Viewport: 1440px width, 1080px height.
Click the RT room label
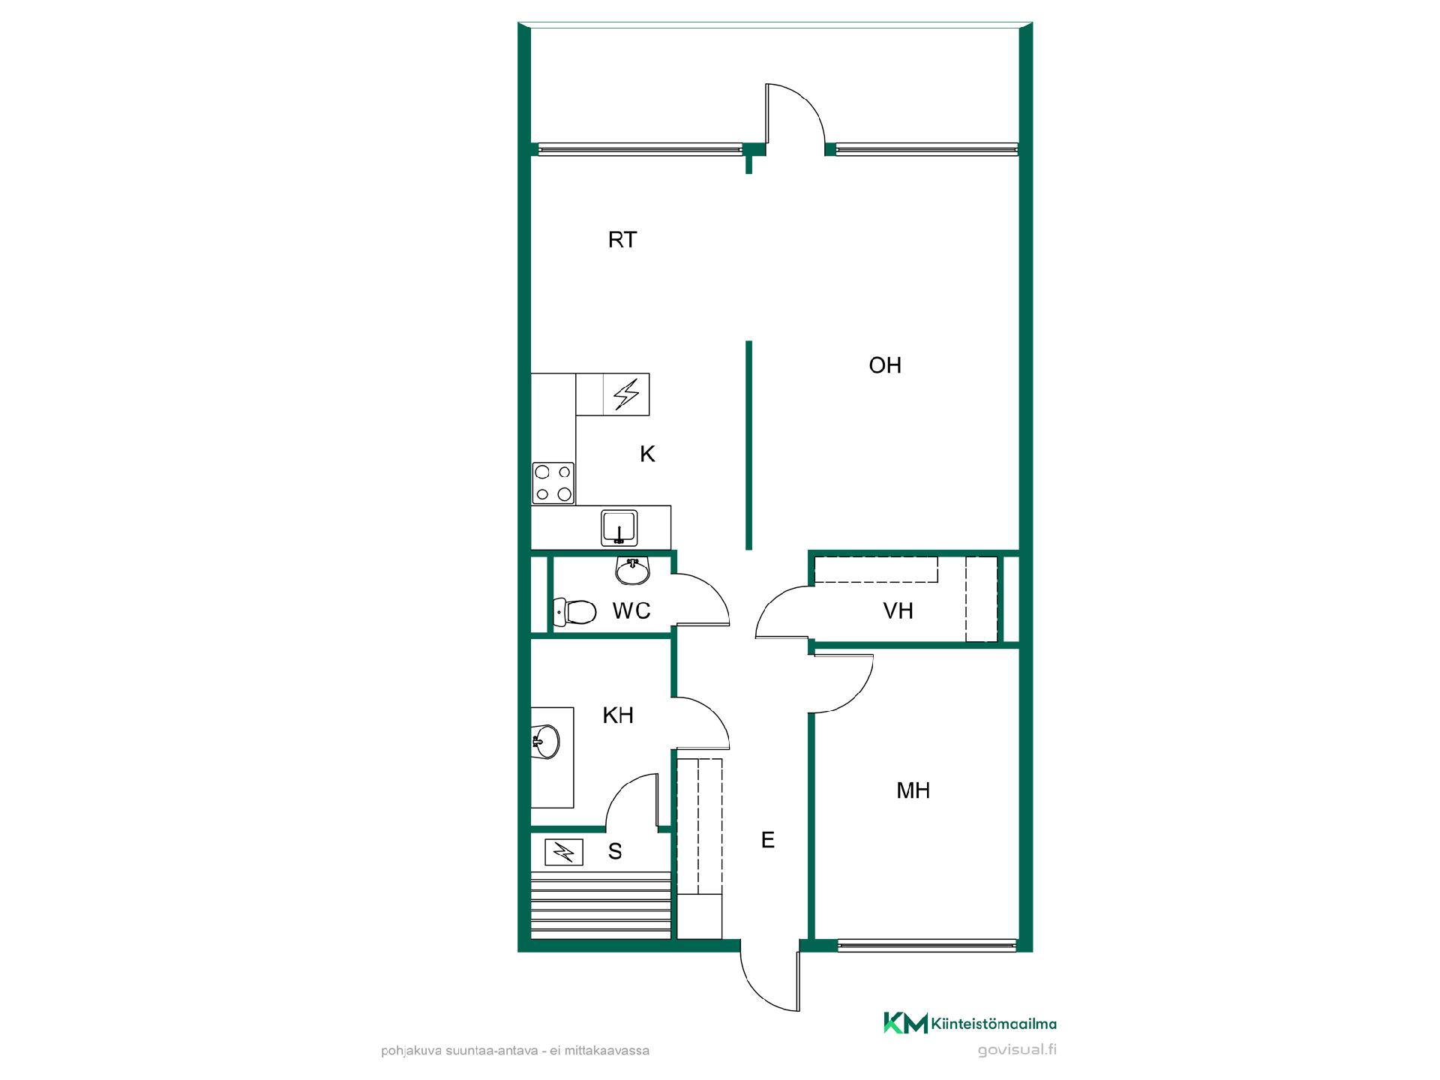click(622, 240)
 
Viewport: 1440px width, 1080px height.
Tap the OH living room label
click(885, 365)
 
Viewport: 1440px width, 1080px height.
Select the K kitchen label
click(647, 454)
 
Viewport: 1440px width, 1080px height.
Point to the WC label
click(631, 611)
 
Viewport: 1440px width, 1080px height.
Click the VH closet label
click(898, 611)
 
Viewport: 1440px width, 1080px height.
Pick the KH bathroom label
click(618, 715)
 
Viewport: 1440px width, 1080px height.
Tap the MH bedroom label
click(913, 790)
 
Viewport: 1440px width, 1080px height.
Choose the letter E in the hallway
click(767, 840)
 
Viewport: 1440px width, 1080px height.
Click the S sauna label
click(615, 851)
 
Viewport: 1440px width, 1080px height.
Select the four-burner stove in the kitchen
click(553, 483)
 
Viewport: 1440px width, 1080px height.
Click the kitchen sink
click(619, 528)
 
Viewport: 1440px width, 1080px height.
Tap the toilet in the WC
click(574, 612)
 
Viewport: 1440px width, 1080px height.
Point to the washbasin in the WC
click(632, 571)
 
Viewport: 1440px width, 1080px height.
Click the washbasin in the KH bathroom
click(545, 742)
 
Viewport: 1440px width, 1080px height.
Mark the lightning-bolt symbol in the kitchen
click(626, 394)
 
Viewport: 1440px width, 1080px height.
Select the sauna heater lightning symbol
click(563, 853)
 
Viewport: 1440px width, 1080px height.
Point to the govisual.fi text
click(1017, 1050)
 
